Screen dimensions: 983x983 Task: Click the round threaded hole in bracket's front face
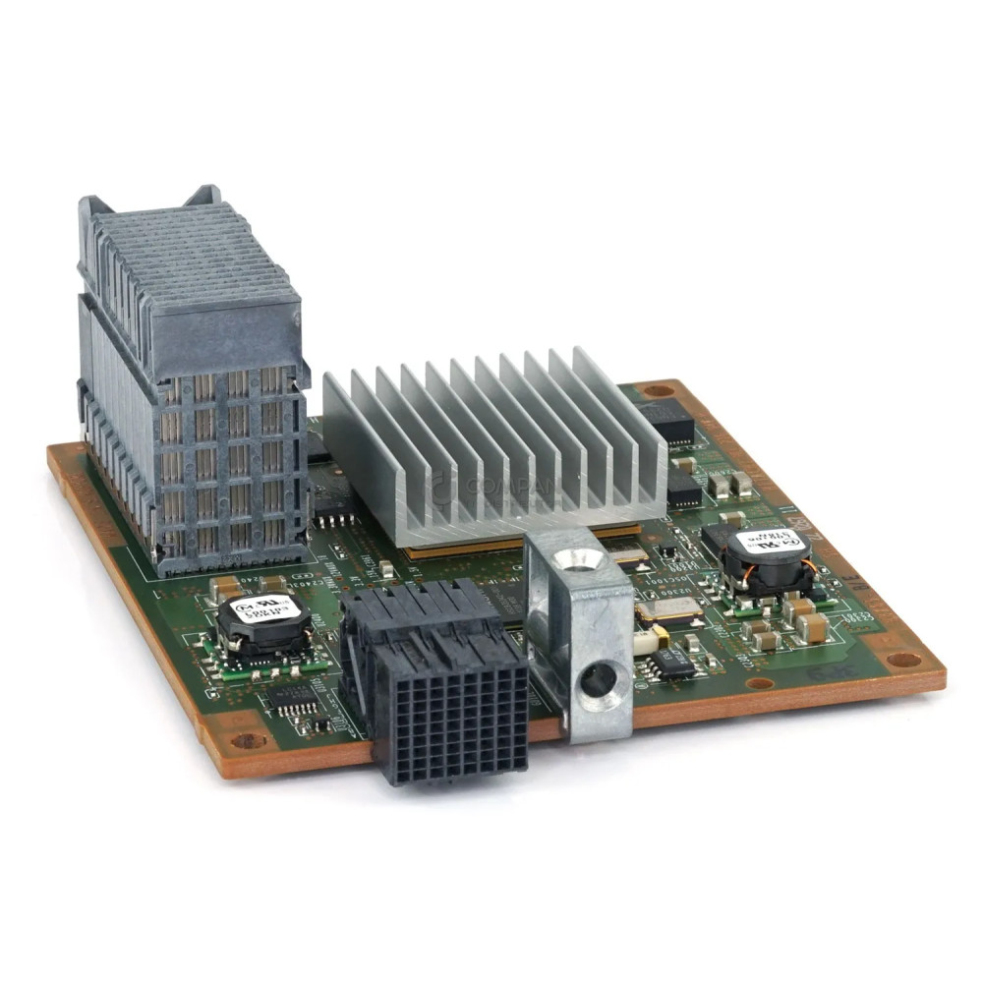point(594,678)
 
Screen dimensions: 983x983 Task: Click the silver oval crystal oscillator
point(668,609)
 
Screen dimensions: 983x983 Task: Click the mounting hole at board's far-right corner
point(904,660)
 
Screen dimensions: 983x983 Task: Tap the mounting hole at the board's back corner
point(657,390)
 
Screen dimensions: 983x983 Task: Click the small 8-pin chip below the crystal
point(675,663)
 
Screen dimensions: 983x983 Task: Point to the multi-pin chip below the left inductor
point(293,699)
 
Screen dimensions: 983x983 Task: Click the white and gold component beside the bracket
point(645,642)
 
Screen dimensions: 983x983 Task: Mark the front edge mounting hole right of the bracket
point(758,683)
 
